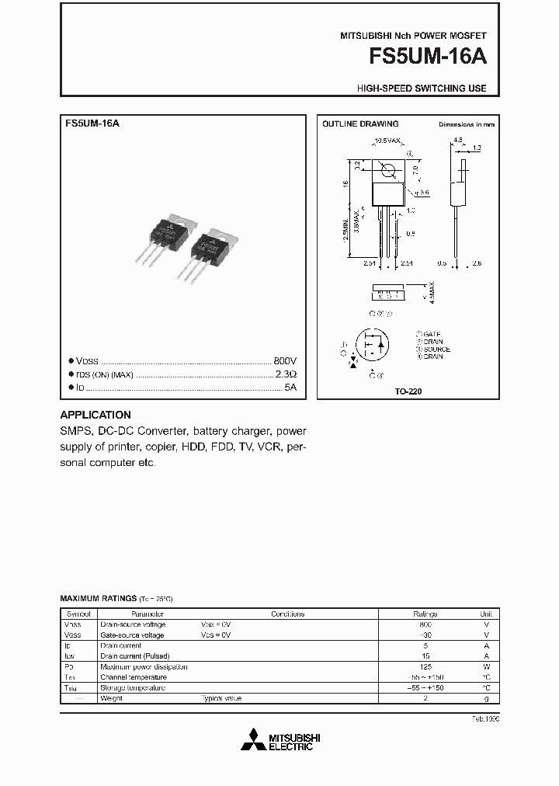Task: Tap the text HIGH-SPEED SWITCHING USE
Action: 422,89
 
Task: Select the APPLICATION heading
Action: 95,415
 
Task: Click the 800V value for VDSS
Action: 285,361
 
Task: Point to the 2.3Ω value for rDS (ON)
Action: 286,374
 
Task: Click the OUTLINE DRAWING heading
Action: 360,124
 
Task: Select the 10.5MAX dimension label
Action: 387,141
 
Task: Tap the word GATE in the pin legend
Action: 432,333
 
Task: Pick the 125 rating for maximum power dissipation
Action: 425,666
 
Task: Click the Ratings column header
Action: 425,614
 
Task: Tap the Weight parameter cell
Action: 112,698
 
